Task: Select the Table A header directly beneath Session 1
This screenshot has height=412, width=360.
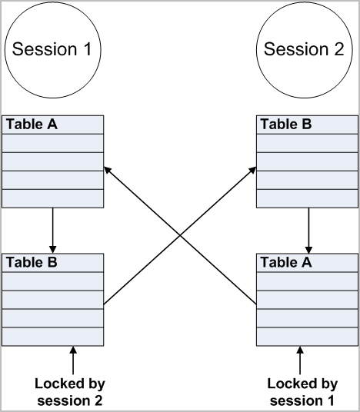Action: [x=52, y=125]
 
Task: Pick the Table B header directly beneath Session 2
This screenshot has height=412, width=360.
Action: [x=307, y=125]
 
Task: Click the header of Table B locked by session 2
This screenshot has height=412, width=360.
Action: [x=52, y=263]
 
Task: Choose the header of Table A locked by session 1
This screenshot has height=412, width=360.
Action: [x=307, y=263]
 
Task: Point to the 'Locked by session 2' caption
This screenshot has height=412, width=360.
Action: [x=70, y=392]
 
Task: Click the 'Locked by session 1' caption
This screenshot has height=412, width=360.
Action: [x=302, y=392]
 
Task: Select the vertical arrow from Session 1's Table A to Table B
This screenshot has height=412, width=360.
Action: [x=52, y=231]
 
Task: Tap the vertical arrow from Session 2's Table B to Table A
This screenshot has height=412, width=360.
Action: [x=308, y=231]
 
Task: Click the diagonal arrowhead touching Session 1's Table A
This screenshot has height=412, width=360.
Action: [x=108, y=170]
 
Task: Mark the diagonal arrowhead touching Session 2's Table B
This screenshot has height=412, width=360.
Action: [x=252, y=170]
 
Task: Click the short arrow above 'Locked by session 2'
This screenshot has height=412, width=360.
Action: [x=73, y=360]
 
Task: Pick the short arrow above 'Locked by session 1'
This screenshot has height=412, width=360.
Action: [x=300, y=360]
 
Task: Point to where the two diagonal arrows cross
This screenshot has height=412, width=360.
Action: [x=180, y=236]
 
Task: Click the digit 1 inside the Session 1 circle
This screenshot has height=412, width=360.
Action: [x=87, y=49]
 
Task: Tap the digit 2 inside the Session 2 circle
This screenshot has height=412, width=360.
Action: [x=339, y=49]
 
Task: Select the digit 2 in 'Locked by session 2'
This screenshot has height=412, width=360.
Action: [x=97, y=400]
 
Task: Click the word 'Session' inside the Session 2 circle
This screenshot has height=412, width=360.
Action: [x=296, y=49]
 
